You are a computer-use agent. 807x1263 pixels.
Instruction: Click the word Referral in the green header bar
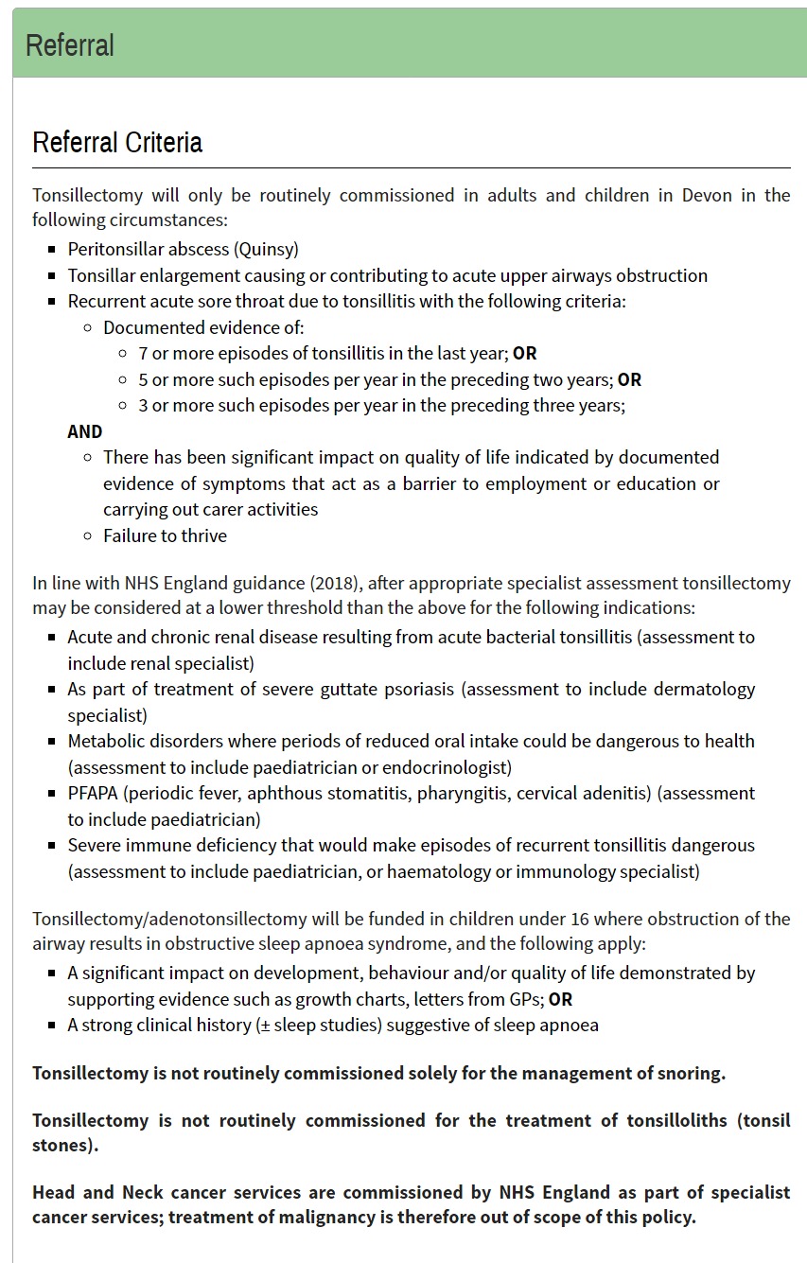70,45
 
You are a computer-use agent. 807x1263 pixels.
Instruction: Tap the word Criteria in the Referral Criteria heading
160,143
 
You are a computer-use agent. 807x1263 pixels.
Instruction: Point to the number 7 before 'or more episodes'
143,354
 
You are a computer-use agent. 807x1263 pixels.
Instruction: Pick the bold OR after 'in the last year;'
524,354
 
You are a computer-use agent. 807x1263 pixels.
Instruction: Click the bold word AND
84,431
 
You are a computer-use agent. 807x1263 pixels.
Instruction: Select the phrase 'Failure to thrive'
165,535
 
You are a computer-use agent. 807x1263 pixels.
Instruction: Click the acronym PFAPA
91,793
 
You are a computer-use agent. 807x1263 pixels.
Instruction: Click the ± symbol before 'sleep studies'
262,1026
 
